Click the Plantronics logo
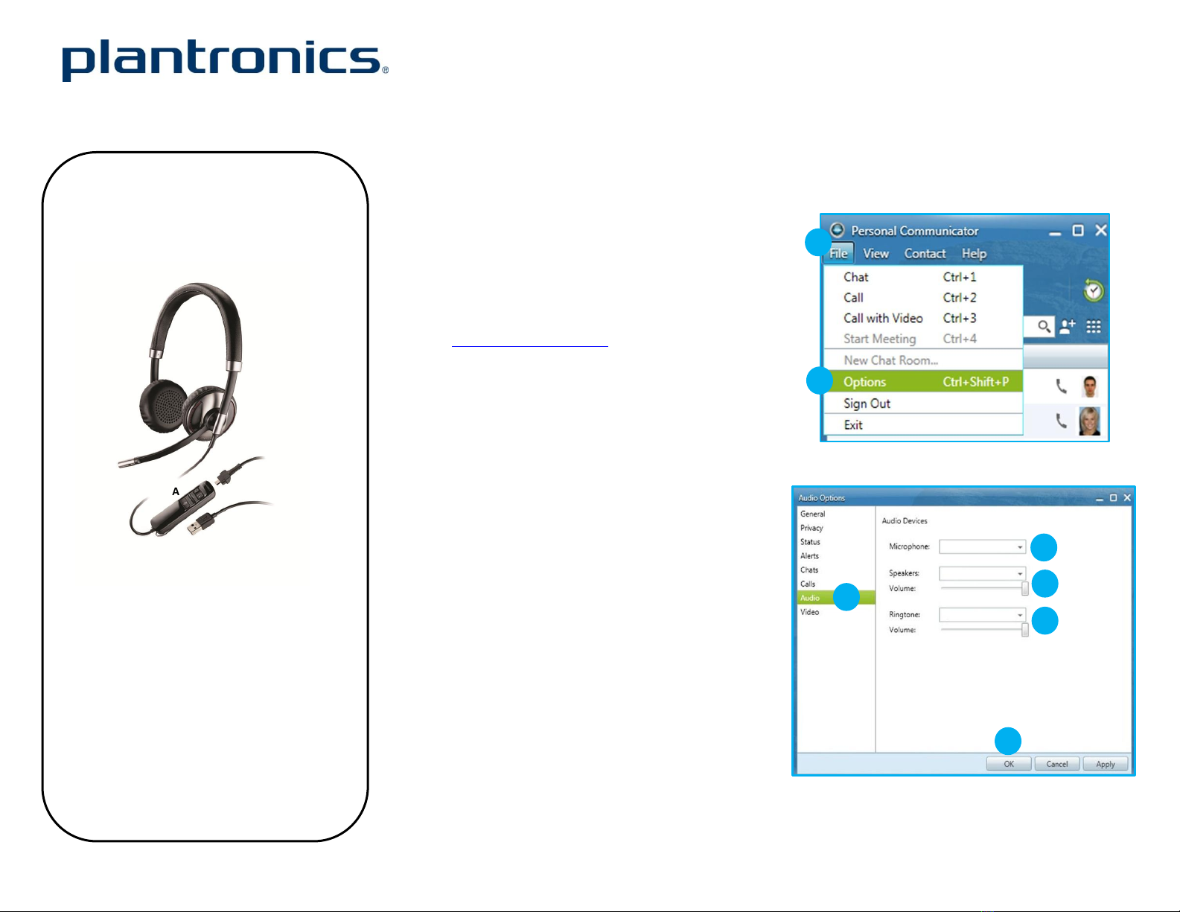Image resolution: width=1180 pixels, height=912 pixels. click(x=226, y=60)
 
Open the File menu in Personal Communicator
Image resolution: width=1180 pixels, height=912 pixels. click(x=838, y=254)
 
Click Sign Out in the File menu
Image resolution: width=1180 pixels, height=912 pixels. click(x=867, y=404)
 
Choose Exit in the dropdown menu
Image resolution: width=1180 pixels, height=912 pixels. click(x=853, y=425)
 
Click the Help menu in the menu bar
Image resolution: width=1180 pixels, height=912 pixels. click(x=975, y=254)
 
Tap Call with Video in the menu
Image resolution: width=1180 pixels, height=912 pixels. click(x=883, y=318)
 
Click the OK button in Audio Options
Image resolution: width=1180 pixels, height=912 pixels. click(x=1009, y=764)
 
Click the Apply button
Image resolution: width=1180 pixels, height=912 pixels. click(x=1105, y=764)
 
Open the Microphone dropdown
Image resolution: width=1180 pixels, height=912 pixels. click(x=982, y=546)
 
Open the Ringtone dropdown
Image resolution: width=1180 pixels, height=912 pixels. click(x=982, y=614)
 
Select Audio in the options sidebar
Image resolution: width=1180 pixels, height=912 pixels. click(x=810, y=598)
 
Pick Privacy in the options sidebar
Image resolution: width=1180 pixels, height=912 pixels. click(x=811, y=528)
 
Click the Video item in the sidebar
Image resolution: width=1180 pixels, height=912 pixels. click(x=809, y=612)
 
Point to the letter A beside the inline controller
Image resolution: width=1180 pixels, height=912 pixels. click(x=176, y=491)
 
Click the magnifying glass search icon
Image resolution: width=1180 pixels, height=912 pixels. click(x=1044, y=326)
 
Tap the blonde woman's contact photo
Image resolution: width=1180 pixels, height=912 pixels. click(x=1089, y=421)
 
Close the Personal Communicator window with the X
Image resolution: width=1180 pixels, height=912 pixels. click(x=1101, y=230)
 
